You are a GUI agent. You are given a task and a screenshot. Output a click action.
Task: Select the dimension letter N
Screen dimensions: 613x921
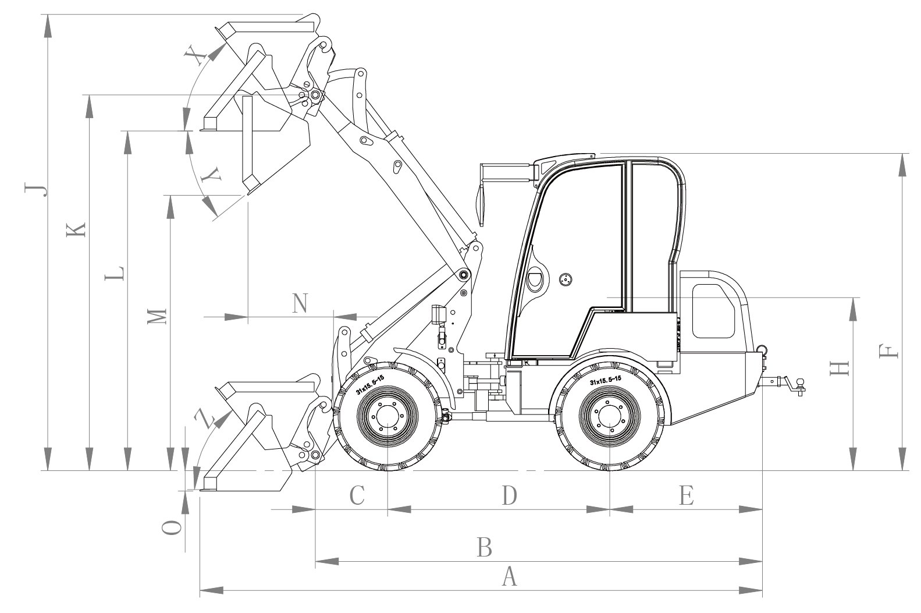[300, 303]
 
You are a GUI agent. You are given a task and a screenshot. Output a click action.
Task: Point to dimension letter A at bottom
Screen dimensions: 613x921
[509, 577]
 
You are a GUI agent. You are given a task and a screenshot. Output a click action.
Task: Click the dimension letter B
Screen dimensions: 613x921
[485, 548]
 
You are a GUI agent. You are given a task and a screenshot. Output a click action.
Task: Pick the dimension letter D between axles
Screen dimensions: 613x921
[510, 496]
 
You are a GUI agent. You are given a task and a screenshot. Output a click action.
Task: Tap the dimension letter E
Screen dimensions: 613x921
[687, 496]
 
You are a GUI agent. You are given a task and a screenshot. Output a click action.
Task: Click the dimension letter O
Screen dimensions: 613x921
[171, 527]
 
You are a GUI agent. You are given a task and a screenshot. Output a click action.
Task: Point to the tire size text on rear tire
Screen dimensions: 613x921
[606, 380]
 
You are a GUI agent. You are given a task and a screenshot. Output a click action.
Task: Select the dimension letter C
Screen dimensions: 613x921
[357, 496]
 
